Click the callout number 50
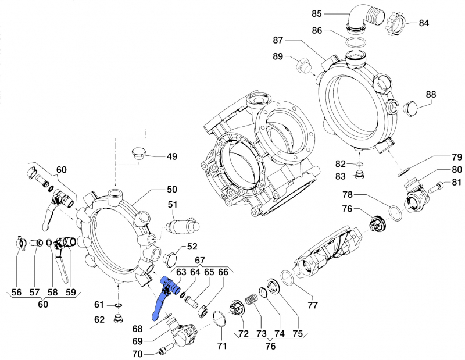pos(173,190)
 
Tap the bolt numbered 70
pos(163,351)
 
